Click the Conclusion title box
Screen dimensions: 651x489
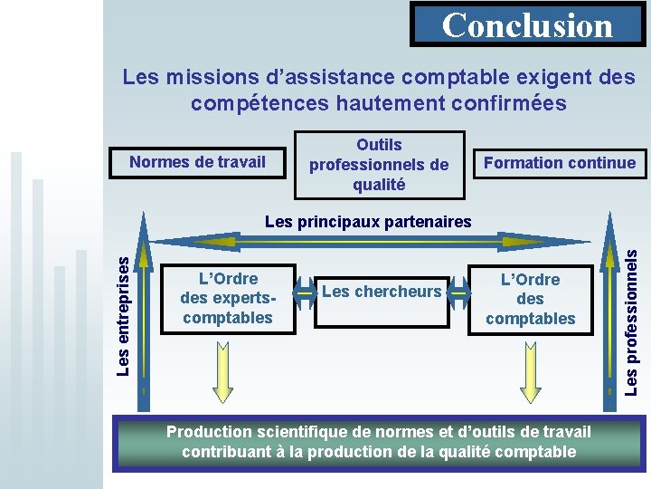coord(527,24)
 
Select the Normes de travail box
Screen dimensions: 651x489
coord(197,163)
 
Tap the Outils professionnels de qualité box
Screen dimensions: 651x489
coord(379,165)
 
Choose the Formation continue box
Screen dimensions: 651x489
coord(560,163)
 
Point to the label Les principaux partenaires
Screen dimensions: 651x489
coord(368,221)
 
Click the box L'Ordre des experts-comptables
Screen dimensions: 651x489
coord(228,299)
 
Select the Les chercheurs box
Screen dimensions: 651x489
coord(382,292)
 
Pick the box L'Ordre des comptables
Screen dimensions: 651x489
coord(531,299)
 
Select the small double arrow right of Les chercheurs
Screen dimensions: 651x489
coord(459,292)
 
